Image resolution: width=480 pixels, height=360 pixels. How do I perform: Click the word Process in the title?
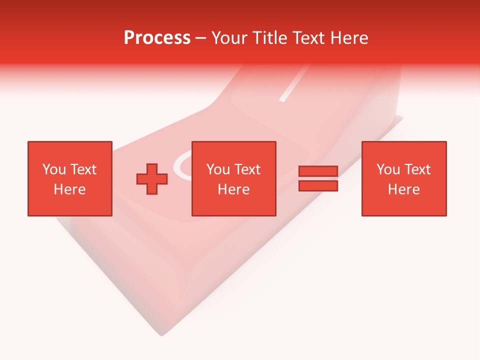tap(157, 38)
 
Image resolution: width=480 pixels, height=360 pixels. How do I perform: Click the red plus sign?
tap(152, 179)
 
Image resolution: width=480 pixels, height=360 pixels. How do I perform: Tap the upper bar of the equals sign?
tap(318, 171)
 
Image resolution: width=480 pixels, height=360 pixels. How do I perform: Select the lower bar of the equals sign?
tap(318, 186)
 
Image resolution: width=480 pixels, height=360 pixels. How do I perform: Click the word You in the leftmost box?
tap(54, 169)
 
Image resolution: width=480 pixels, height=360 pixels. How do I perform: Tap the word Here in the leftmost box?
tap(69, 189)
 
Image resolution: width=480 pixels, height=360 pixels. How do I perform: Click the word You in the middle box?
tap(218, 169)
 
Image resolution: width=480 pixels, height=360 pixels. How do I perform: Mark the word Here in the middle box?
tap(233, 189)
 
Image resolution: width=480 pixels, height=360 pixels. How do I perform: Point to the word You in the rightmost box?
tap(388, 169)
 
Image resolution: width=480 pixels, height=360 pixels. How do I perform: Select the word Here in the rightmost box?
tap(403, 189)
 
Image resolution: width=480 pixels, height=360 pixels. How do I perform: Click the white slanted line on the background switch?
tap(291, 85)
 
